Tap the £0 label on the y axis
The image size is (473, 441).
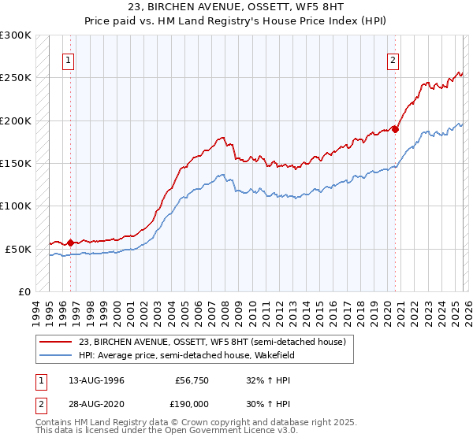24,291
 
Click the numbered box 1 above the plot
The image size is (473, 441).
69,60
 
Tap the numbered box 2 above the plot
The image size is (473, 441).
393,60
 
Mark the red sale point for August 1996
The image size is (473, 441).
70,243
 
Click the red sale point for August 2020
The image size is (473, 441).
395,129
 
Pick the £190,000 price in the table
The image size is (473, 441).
192,403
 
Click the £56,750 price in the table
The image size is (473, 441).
192,380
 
